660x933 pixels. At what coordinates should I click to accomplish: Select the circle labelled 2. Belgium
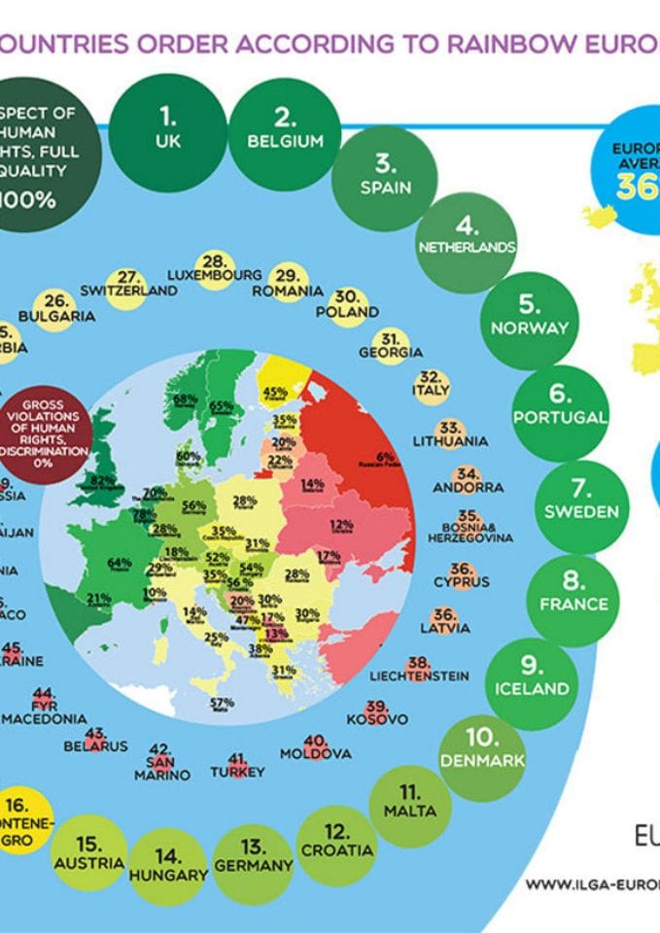pyautogui.click(x=285, y=130)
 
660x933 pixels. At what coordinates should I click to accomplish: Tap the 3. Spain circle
pyautogui.click(x=385, y=175)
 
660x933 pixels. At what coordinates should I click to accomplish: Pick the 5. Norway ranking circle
pyautogui.click(x=529, y=316)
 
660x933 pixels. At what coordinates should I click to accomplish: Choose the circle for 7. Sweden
pyautogui.click(x=581, y=500)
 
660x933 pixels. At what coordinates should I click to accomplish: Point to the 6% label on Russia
pyautogui.click(x=386, y=456)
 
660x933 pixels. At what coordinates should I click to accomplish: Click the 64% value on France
pyautogui.click(x=120, y=563)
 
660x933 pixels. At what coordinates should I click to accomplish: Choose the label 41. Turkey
pyautogui.click(x=237, y=765)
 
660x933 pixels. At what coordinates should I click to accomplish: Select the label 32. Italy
pyautogui.click(x=431, y=383)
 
